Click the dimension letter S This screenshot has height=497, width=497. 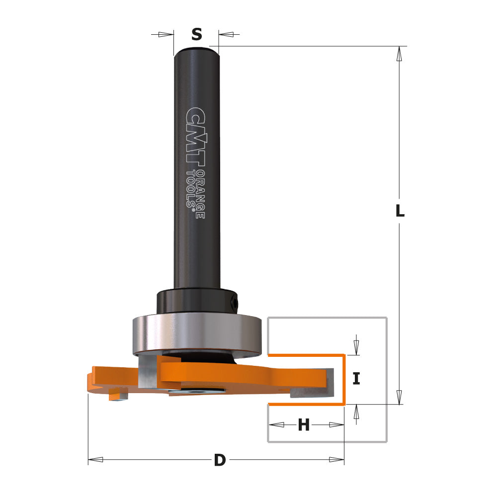click(197, 35)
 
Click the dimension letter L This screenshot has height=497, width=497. click(400, 211)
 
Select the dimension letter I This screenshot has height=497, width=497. click(356, 379)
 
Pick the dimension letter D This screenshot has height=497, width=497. click(219, 460)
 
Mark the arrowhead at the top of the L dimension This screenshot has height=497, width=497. click(399, 53)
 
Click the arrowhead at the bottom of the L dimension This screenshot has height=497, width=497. click(399, 397)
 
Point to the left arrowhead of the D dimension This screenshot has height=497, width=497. click(95, 460)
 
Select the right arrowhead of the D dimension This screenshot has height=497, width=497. click(336, 460)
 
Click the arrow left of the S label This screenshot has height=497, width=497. click(166, 34)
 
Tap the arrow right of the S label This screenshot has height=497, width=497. click(226, 34)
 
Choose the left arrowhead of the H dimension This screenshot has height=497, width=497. click(276, 425)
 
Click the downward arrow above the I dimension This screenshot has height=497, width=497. click(356, 346)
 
